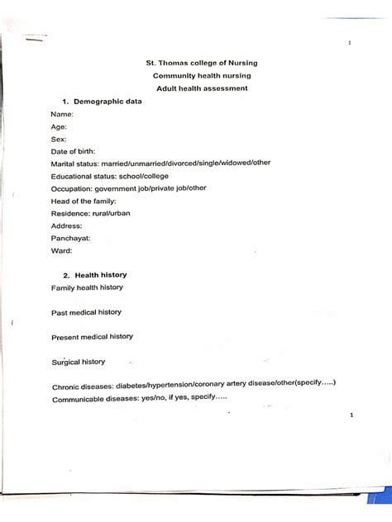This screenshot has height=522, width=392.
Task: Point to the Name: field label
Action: click(62, 114)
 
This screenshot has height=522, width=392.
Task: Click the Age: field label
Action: click(59, 126)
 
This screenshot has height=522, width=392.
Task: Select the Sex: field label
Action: click(59, 139)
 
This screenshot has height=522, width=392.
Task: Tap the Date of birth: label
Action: click(73, 151)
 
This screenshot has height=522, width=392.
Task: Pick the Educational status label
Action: click(87, 176)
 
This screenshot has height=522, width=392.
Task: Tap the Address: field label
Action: click(67, 225)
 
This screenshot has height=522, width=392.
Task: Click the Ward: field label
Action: click(61, 250)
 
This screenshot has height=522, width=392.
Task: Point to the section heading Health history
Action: click(100, 274)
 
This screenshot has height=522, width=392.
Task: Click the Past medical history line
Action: click(86, 312)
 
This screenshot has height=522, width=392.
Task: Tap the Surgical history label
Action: click(79, 362)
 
